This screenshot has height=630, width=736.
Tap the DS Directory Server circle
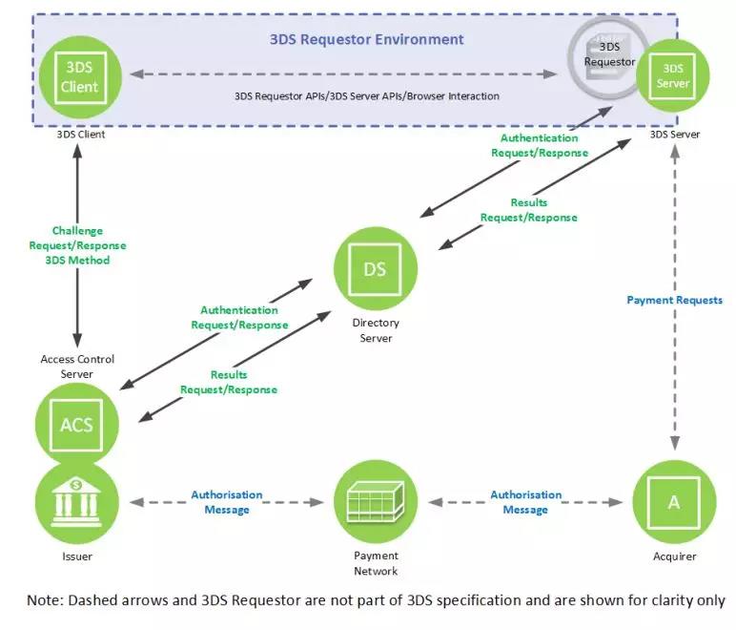coord(375,269)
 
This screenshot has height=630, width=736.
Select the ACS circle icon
coord(76,421)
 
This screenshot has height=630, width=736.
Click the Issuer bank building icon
coord(76,501)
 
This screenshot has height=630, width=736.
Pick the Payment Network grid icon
coord(375,500)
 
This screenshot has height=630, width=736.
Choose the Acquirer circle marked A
coord(673,501)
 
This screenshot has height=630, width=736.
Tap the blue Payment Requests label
coord(674,300)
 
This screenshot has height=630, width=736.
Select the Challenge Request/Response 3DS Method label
coord(77,245)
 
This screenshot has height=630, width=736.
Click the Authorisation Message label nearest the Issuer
coord(227,502)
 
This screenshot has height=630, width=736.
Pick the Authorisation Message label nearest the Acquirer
coord(525,502)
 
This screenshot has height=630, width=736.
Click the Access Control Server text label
coord(77,367)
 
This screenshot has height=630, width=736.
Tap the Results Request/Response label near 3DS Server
coord(528,210)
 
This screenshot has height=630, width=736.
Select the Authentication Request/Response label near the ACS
coord(238,317)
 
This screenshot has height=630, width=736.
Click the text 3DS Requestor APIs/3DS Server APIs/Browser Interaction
coord(367,95)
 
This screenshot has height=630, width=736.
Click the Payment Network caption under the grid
coord(375,563)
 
